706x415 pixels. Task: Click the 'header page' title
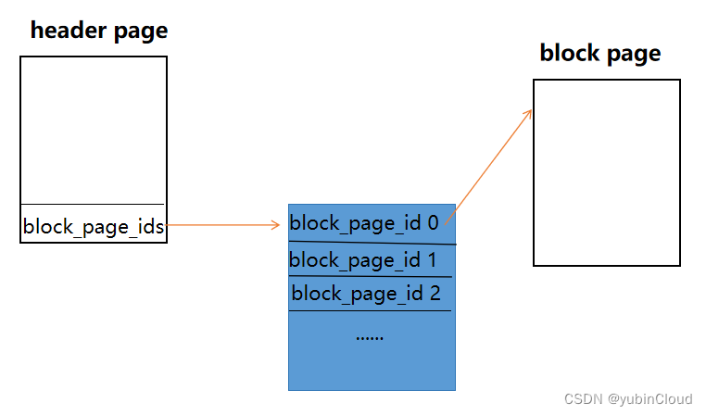click(99, 31)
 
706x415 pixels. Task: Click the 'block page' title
click(600, 54)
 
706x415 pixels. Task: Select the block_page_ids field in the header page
click(94, 225)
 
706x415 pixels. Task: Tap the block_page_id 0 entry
click(364, 223)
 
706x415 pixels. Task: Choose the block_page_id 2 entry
click(366, 295)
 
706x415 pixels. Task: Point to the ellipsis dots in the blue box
click(370, 336)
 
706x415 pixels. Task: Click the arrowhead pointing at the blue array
click(276, 225)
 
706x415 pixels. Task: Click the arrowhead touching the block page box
click(529, 113)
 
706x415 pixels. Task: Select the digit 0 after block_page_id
click(433, 223)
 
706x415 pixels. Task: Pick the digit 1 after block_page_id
click(431, 260)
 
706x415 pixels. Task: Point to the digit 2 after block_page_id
click(435, 295)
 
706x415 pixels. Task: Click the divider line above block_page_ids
click(94, 204)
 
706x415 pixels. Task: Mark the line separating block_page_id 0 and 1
click(372, 243)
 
